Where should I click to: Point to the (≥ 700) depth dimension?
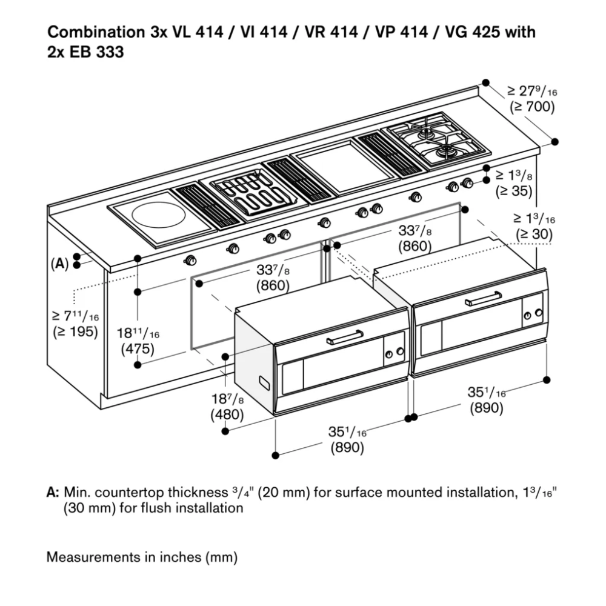[x=531, y=107]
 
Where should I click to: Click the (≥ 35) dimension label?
[x=514, y=191]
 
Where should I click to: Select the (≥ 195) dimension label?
[x=75, y=331]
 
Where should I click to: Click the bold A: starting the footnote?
[x=53, y=493]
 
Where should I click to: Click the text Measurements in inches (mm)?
[x=142, y=556]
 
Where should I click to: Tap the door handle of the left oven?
[x=345, y=338]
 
